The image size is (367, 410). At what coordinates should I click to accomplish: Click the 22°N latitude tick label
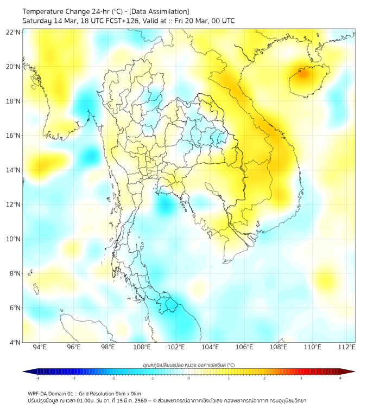click(14, 33)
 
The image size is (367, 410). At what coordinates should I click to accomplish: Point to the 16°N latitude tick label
click(14, 136)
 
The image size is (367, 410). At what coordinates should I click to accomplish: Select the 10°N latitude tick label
click(14, 239)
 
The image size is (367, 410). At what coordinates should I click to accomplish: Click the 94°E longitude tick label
click(40, 348)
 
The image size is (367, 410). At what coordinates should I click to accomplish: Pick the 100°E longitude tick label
click(142, 348)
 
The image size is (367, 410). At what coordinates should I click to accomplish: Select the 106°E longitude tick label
click(245, 348)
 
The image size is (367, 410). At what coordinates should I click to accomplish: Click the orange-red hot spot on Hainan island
click(302, 72)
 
